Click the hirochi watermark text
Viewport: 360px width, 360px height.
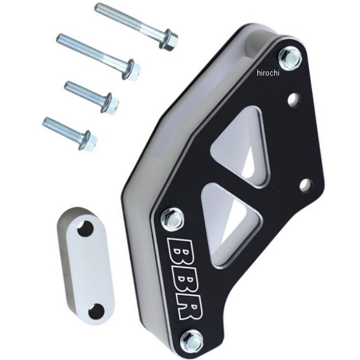[268, 73]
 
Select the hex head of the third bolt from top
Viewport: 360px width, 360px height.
[112, 103]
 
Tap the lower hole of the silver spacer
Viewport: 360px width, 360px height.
[96, 311]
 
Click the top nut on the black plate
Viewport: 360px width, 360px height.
[290, 59]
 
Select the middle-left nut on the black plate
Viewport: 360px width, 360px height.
[173, 219]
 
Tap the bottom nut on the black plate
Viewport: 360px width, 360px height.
[191, 340]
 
